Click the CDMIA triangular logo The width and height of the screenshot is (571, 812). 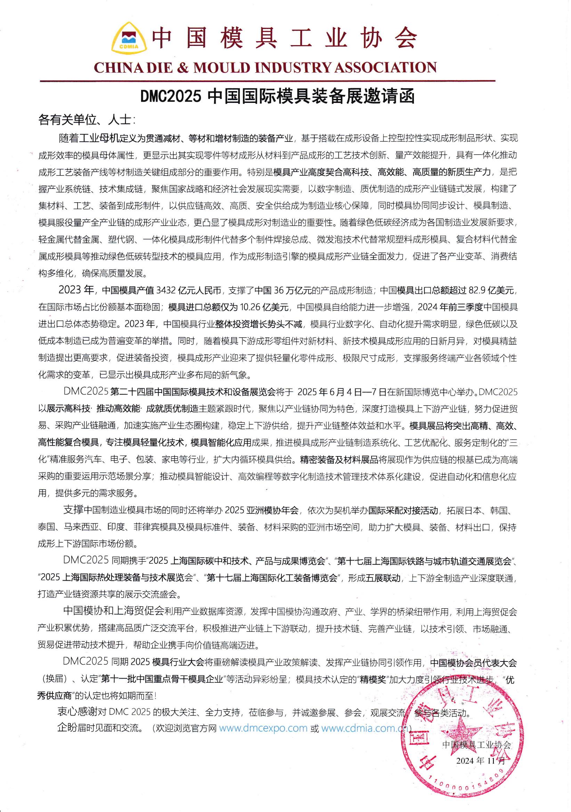pos(129,41)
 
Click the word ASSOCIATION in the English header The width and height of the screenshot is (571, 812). pos(385,67)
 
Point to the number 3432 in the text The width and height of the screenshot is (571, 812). pos(165,290)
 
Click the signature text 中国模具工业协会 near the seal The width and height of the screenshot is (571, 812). pos(476,745)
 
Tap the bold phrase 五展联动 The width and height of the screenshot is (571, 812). pos(383,578)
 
